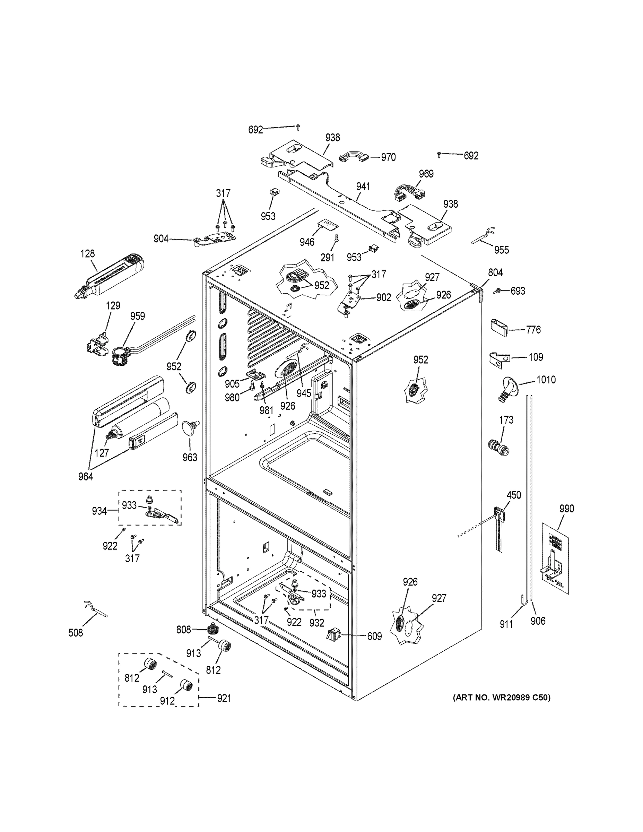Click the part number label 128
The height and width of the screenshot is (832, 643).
(88, 254)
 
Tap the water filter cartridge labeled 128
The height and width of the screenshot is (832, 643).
(111, 278)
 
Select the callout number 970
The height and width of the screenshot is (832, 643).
(388, 157)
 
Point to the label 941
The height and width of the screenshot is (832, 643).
(363, 187)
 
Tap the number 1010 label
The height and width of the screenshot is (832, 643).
(546, 380)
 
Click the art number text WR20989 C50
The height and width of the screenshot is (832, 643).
(501, 697)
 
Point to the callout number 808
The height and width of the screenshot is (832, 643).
(183, 630)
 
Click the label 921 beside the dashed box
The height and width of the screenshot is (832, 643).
(224, 698)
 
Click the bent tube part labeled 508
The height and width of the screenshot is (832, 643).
(95, 608)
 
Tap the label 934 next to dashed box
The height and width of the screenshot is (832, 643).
(99, 511)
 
